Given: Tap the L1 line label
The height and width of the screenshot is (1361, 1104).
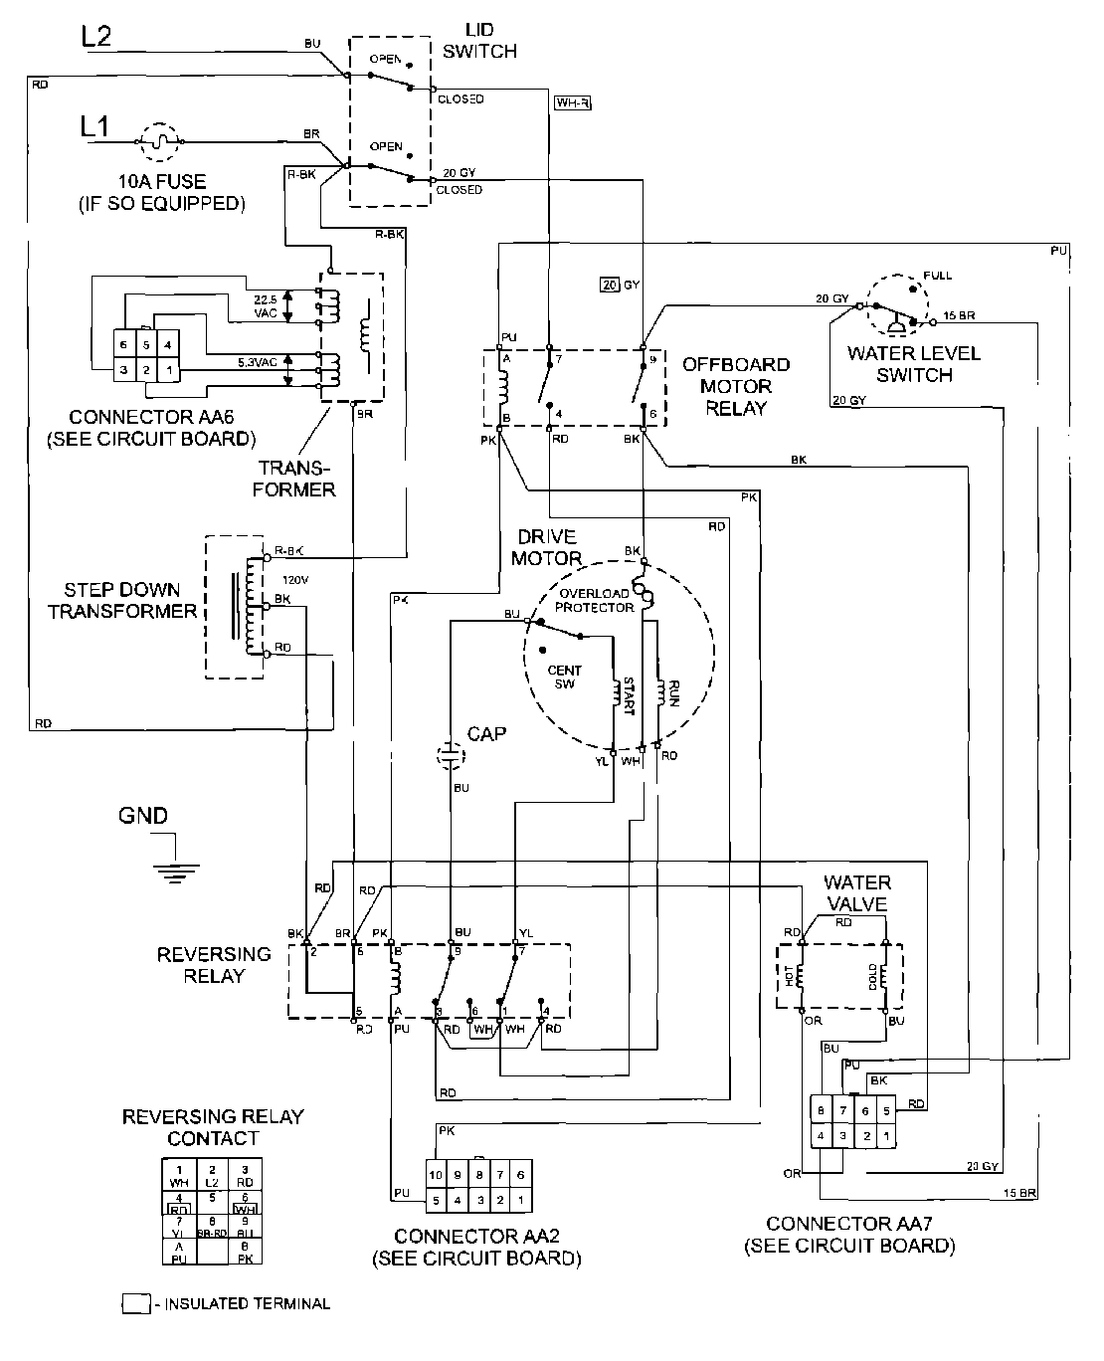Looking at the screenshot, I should tap(95, 126).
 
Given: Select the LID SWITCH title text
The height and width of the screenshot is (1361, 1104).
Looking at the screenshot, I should tap(479, 42).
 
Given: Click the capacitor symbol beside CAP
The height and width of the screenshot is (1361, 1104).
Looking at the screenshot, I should tap(452, 756).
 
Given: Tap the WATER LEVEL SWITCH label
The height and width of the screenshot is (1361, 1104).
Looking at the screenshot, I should tap(899, 364).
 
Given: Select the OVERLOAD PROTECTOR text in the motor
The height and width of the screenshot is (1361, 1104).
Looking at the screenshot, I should tap(594, 601).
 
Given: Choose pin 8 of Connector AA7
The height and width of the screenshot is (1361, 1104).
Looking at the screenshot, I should tap(820, 1110).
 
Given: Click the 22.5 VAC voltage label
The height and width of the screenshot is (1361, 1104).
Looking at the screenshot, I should tap(263, 305).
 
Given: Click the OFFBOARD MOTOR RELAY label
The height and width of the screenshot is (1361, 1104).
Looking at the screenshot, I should tap(736, 386).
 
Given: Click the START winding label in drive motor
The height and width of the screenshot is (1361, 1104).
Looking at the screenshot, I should tap(628, 697).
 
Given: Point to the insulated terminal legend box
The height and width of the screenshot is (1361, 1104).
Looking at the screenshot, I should tap(134, 1303).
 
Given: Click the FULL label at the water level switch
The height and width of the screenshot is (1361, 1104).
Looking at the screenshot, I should tap(937, 275).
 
